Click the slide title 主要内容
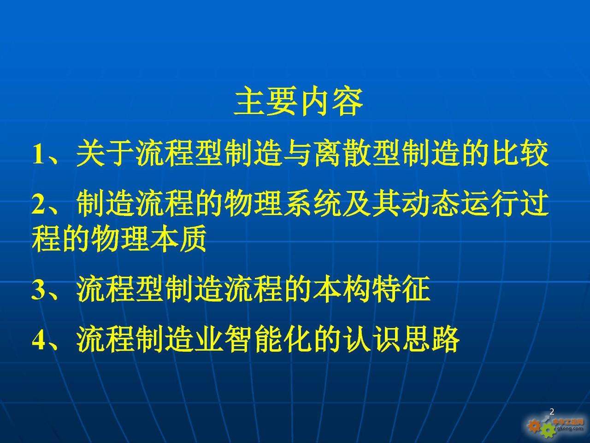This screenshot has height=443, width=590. click(x=298, y=102)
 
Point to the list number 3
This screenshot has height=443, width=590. click(x=38, y=291)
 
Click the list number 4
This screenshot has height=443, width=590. click(x=38, y=341)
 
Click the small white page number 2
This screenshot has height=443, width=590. click(x=552, y=412)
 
